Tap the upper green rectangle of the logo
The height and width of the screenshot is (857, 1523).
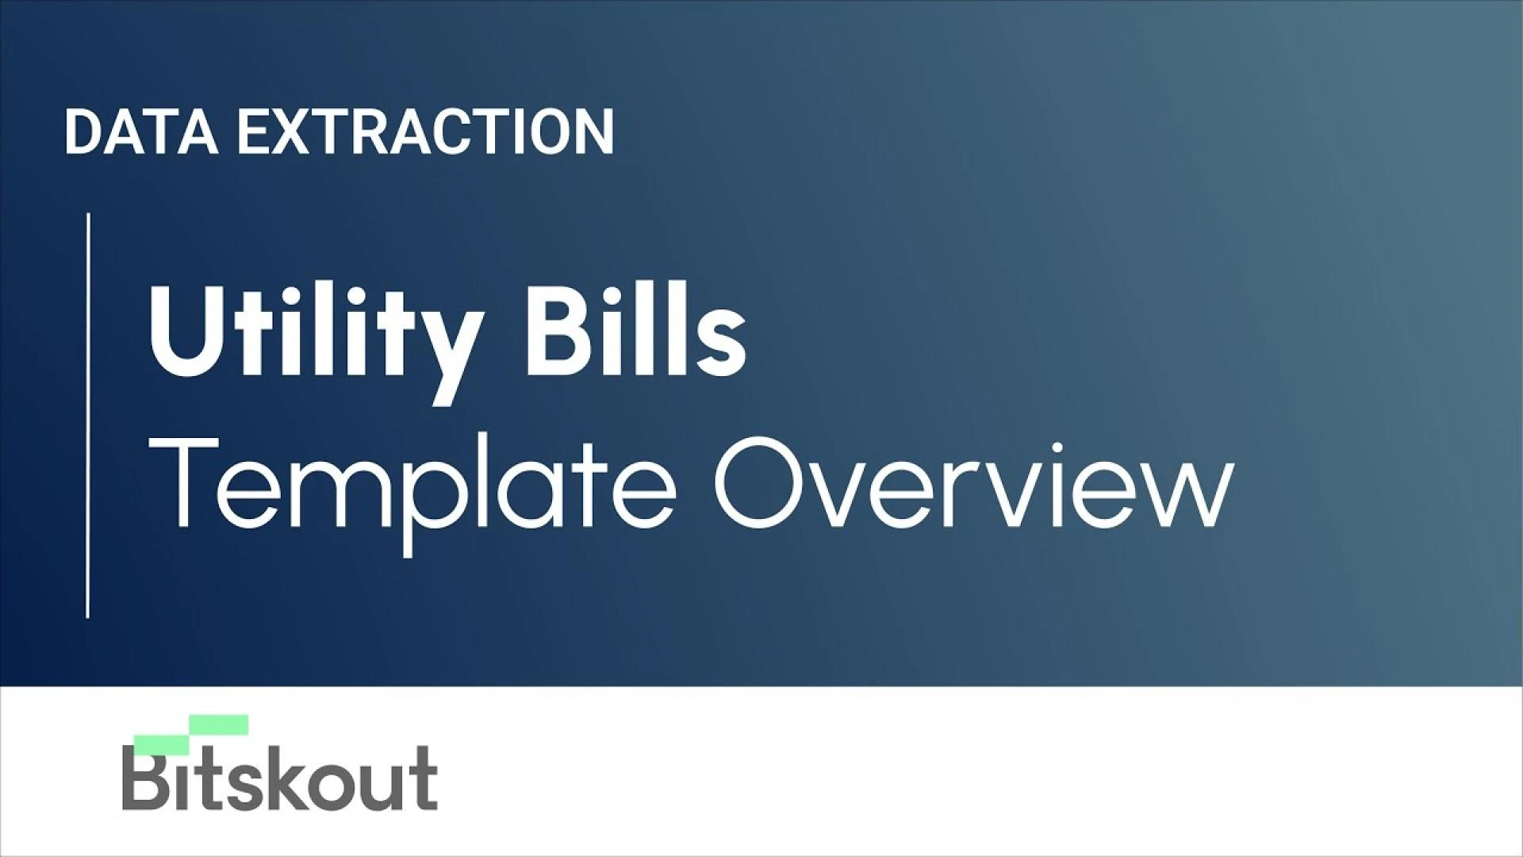219,724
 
